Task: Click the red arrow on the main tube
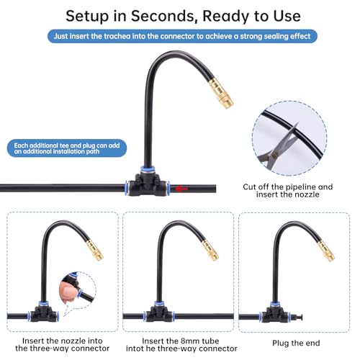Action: [x=181, y=189]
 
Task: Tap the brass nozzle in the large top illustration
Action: [x=221, y=94]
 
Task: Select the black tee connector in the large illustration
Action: [x=147, y=184]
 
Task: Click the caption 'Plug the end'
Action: [x=296, y=343]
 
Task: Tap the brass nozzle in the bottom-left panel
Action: [x=95, y=251]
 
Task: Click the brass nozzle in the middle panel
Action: [x=210, y=250]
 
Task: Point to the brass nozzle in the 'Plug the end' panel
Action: [x=326, y=251]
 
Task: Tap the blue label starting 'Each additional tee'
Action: [x=67, y=148]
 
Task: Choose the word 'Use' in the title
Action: [x=287, y=17]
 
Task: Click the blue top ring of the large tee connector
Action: [x=148, y=169]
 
